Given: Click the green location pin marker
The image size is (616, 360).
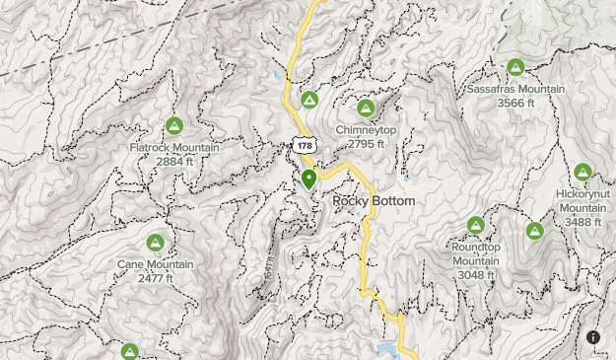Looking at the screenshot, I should (x=308, y=180).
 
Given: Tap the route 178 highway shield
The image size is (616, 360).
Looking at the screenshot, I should (x=302, y=145).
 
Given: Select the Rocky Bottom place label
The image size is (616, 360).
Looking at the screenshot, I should (x=374, y=201).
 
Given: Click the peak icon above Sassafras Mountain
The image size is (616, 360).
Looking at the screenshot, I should (x=515, y=68).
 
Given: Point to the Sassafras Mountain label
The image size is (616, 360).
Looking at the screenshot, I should (x=515, y=89).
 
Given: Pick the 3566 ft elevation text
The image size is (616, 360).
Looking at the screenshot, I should (x=515, y=103).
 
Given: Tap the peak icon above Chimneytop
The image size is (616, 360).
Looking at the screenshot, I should (x=366, y=108).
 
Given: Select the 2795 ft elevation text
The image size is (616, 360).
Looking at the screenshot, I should (x=366, y=144).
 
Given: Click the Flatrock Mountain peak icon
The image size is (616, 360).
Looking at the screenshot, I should (x=174, y=125).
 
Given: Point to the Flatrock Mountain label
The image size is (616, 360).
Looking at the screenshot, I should (x=174, y=148).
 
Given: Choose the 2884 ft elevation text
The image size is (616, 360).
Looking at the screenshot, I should (x=174, y=161).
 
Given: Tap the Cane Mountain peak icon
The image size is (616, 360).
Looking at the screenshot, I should (x=155, y=243).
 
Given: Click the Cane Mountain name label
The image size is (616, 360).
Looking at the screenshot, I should (x=155, y=264).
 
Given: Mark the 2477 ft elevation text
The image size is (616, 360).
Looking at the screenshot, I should (x=155, y=278).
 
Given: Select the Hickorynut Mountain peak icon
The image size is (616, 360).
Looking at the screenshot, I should (x=582, y=173).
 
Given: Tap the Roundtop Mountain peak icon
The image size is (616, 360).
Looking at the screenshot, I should (x=476, y=226).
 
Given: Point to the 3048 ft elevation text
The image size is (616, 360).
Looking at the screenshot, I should (x=476, y=273).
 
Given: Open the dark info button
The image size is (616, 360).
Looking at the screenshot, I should (x=593, y=337).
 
